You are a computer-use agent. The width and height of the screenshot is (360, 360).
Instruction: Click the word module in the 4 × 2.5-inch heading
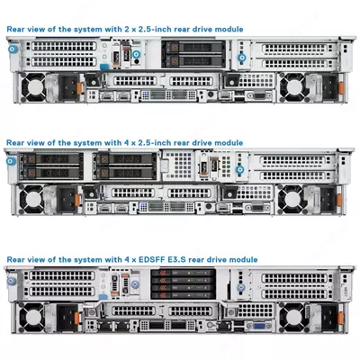click(x=228, y=143)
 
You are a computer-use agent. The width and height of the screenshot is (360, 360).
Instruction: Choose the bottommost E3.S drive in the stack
click(x=168, y=296)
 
